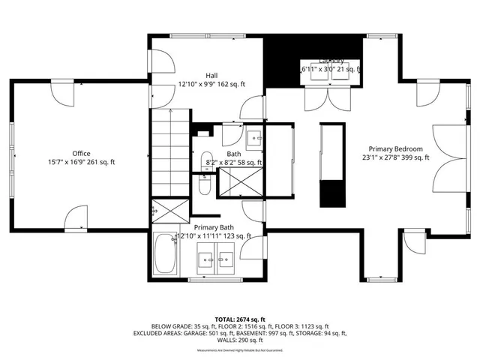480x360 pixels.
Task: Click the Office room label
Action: pos(82,153)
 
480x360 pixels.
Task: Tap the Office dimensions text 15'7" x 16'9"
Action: pos(82,162)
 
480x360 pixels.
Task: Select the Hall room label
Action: pos(212,76)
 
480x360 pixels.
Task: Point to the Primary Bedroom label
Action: pos(395,148)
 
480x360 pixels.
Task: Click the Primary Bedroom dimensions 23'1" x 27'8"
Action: pos(395,157)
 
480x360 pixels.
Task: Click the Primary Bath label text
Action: pos(214,227)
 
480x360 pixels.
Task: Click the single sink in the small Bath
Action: pos(254,137)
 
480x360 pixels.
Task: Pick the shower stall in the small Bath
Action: pos(239,181)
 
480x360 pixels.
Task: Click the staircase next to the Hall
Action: pos(171,150)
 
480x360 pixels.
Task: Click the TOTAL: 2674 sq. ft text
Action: pos(239,319)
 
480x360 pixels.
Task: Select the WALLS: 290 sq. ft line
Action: pos(239,341)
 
